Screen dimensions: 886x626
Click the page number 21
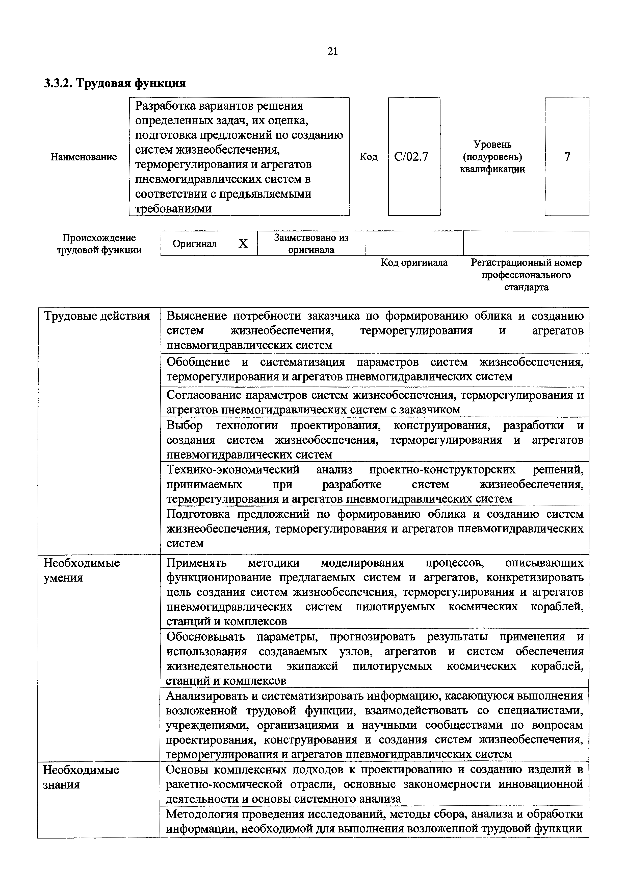[332, 51]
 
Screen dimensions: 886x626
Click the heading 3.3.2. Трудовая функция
[115, 83]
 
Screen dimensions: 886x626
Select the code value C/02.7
[411, 157]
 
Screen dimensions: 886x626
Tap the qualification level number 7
[567, 157]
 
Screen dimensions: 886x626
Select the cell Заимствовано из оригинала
[311, 244]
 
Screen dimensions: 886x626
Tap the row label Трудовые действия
[97, 316]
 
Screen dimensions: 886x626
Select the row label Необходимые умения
[82, 570]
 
